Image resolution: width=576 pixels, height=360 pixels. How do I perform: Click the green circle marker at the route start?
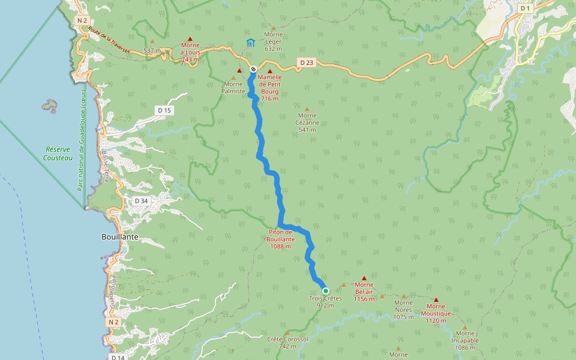[326, 291]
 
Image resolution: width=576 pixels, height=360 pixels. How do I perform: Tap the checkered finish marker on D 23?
[253, 69]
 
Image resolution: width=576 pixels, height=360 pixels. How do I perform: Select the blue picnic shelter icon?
[250, 43]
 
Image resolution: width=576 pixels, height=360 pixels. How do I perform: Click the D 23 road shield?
[306, 62]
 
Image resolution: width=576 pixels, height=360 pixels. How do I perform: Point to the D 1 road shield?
[526, 8]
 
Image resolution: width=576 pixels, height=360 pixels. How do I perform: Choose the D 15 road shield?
[164, 110]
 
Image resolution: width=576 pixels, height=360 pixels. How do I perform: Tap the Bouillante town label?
[119, 238]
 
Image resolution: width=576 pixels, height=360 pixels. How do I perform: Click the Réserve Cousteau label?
[58, 154]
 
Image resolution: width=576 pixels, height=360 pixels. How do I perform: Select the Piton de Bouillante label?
[281, 239]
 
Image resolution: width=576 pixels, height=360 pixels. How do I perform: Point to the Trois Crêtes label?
[325, 302]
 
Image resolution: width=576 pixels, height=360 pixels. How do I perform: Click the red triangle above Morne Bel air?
[364, 278]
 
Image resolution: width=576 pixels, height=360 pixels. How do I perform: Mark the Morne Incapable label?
[465, 340]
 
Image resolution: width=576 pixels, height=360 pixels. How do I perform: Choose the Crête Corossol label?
[287, 342]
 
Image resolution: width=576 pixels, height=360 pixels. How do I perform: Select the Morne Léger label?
[273, 41]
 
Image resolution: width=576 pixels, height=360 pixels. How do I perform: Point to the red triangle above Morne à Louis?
[190, 38]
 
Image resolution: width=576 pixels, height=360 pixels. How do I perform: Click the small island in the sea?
[50, 106]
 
